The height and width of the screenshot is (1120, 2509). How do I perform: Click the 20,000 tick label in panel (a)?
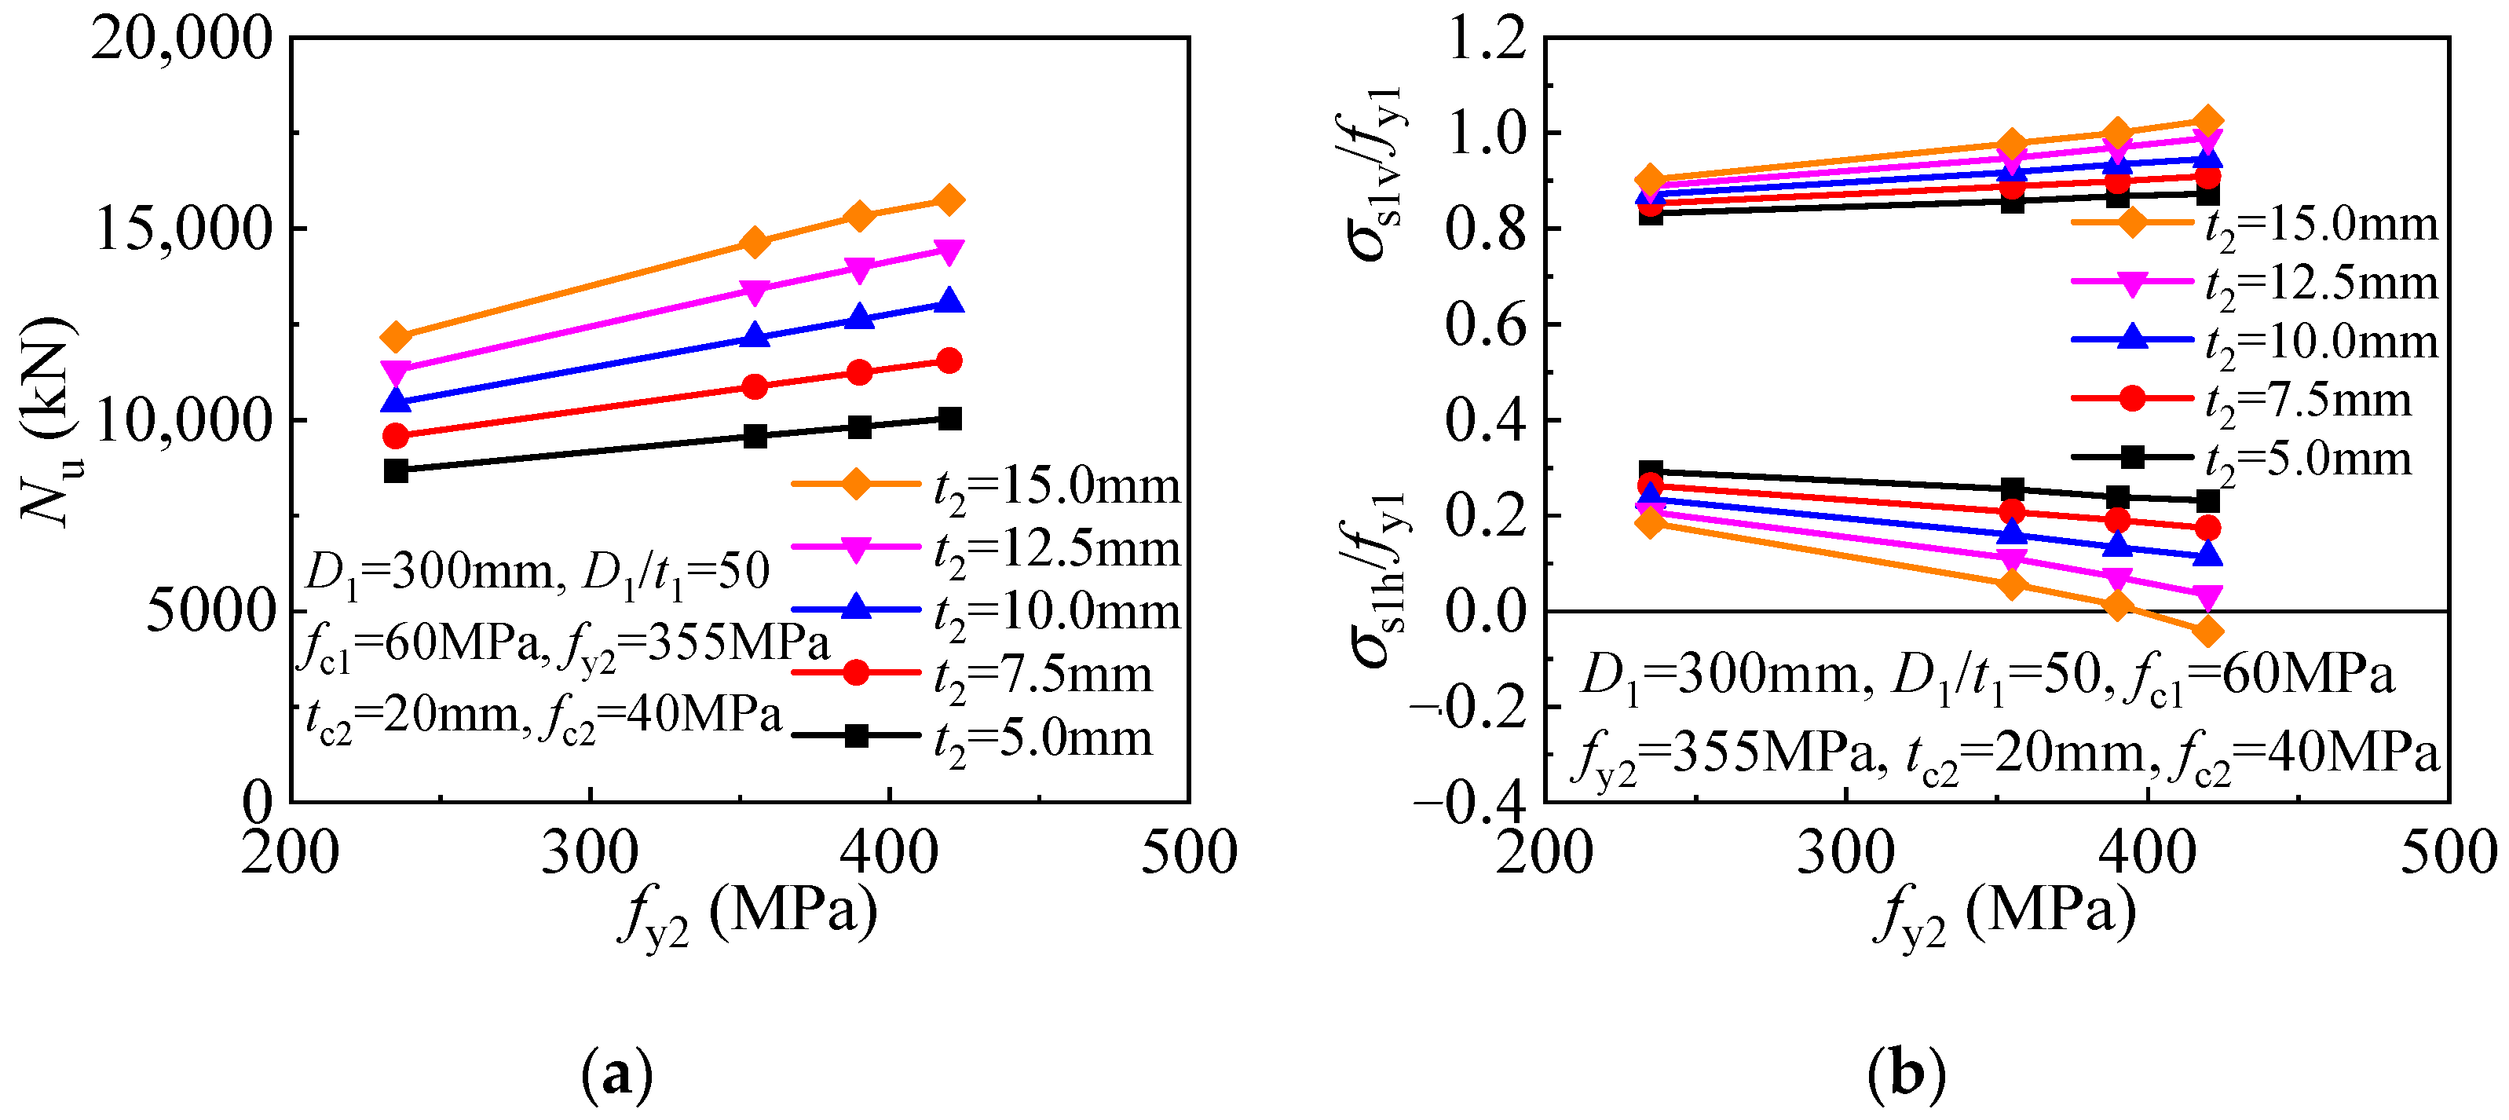point(181,41)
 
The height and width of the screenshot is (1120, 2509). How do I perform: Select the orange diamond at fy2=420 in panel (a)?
point(949,200)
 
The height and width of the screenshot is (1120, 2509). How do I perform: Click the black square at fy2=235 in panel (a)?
point(396,470)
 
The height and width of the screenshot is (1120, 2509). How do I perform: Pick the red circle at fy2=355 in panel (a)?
point(754,386)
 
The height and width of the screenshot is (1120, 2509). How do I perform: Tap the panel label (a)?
point(616,1074)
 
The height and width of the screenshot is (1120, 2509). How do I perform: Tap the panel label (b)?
point(1906,1074)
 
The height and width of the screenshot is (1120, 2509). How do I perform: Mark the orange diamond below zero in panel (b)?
point(2207,631)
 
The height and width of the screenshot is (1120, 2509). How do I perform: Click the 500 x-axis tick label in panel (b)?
point(2447,853)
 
